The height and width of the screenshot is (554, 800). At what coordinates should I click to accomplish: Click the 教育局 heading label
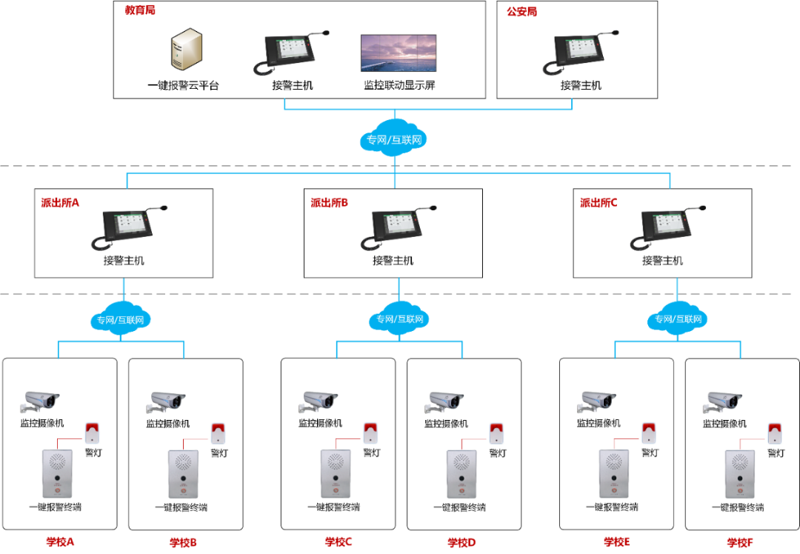(x=140, y=11)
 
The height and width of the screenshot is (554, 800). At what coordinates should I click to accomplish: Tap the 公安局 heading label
(x=521, y=12)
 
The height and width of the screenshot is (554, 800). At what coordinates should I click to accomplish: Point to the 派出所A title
(x=60, y=202)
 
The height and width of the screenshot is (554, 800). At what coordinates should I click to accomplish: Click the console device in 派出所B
(x=393, y=229)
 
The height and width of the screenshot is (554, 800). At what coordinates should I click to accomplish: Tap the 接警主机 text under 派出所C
(x=662, y=261)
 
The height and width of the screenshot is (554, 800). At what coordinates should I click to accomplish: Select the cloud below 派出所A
(x=123, y=320)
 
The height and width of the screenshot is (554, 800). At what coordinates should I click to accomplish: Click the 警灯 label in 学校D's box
(x=497, y=453)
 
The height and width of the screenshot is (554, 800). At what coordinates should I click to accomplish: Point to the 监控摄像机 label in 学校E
(x=599, y=423)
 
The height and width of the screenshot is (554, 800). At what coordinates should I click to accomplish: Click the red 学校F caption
(x=740, y=542)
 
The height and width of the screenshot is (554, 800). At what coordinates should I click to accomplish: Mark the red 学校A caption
(x=60, y=541)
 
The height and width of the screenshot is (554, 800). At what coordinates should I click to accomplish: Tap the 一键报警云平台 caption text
(x=183, y=85)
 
